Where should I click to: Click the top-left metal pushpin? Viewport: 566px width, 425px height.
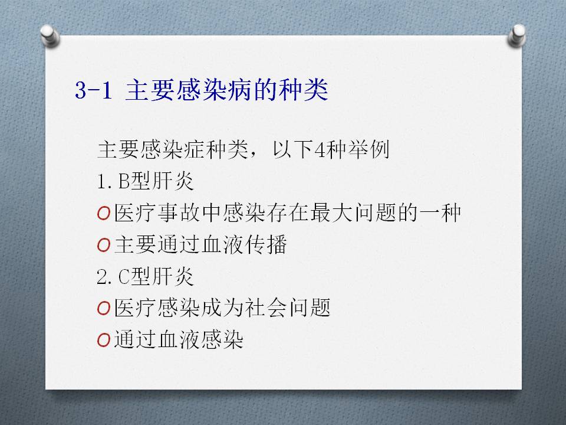click(50, 35)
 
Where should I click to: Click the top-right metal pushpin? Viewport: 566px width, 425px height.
click(516, 35)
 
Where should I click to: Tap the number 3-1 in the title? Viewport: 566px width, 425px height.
click(94, 90)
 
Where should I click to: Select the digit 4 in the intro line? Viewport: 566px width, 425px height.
click(320, 149)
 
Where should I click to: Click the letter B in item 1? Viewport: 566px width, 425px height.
click(124, 181)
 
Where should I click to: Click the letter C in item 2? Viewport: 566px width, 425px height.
click(124, 277)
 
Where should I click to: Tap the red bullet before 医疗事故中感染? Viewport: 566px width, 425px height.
click(104, 213)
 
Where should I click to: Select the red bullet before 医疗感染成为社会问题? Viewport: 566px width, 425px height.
click(104, 309)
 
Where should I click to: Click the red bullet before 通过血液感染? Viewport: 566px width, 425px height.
click(104, 341)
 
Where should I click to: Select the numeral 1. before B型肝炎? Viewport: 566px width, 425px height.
click(106, 181)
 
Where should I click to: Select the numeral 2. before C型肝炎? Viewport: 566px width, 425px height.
click(106, 277)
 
